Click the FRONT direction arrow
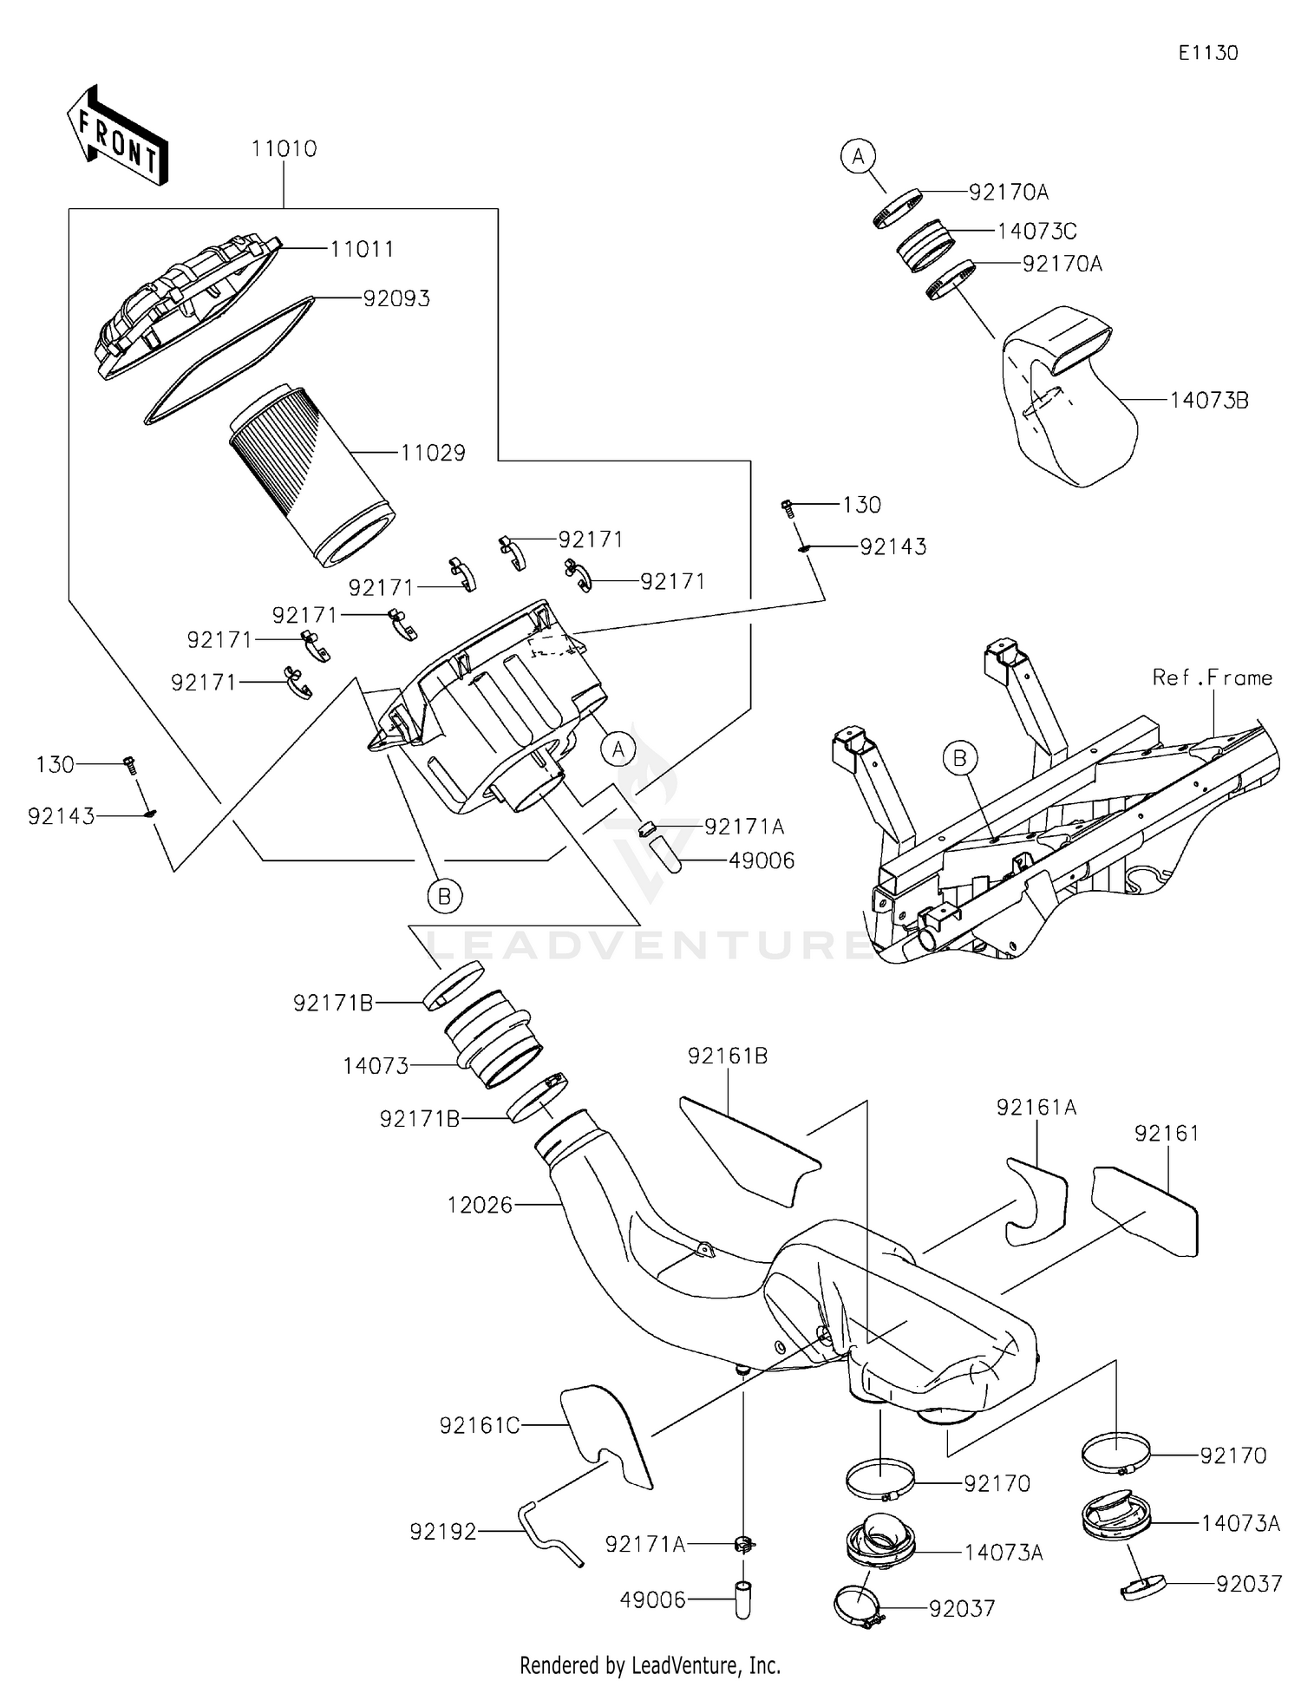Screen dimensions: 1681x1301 [x=118, y=137]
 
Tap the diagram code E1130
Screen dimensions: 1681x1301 [x=1207, y=53]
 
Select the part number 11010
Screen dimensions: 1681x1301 [x=284, y=149]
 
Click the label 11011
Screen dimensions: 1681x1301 [x=362, y=250]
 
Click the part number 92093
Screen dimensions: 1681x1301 [x=396, y=298]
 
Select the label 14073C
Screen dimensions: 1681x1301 [x=1036, y=232]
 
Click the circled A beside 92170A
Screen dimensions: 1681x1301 [x=858, y=156]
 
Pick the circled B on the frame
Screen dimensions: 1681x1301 [x=959, y=758]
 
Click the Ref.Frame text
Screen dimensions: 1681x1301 [x=1212, y=677]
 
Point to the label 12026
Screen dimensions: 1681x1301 [x=480, y=1205]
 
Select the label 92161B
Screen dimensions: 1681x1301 [x=728, y=1056]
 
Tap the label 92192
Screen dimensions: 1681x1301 [x=443, y=1533]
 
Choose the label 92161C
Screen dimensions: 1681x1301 [x=479, y=1426]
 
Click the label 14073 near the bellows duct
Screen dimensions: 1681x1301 [x=376, y=1066]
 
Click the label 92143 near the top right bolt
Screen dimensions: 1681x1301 [x=892, y=547]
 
